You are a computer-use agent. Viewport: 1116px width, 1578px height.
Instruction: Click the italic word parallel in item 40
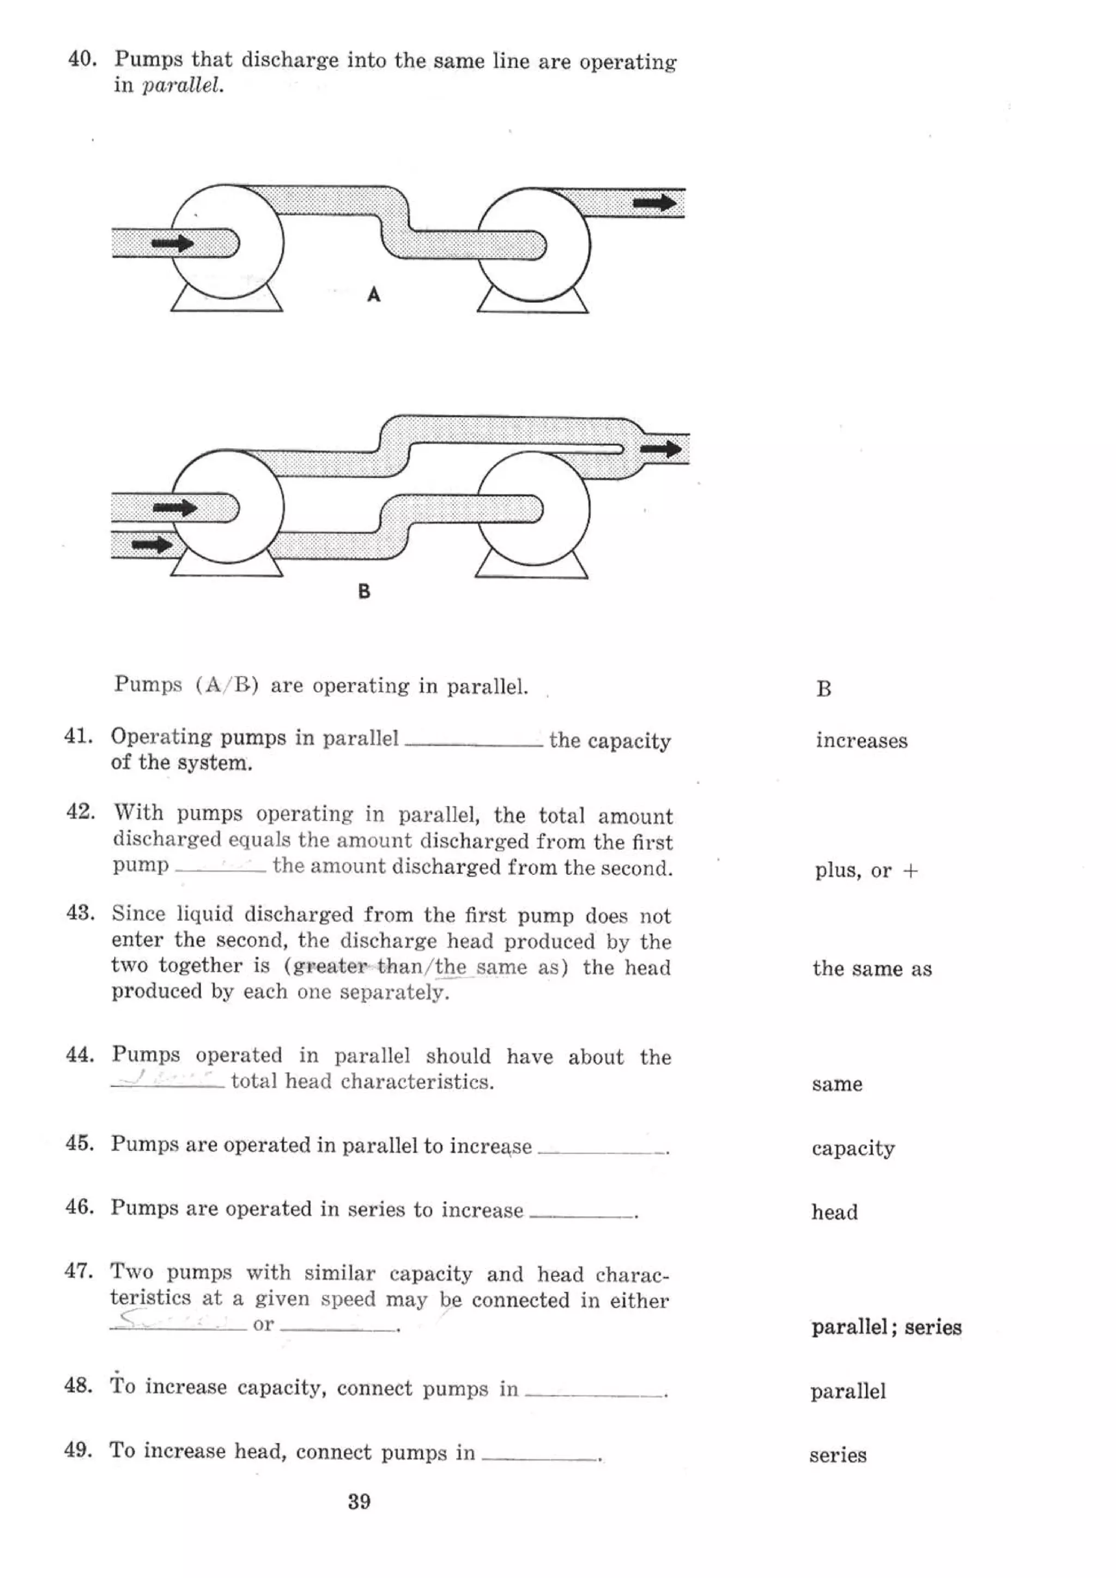click(x=182, y=87)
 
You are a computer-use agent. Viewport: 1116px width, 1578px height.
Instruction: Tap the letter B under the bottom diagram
click(x=364, y=591)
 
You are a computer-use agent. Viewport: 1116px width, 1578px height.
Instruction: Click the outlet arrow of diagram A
click(x=654, y=202)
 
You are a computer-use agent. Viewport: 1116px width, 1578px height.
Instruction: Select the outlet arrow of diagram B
click(x=660, y=449)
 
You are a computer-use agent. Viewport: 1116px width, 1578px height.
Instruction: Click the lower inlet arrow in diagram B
click(x=152, y=545)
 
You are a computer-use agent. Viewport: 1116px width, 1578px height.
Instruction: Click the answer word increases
click(x=861, y=740)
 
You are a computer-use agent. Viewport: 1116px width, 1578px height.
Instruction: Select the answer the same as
click(x=871, y=968)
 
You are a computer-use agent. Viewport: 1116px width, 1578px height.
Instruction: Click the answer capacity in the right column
click(x=853, y=1148)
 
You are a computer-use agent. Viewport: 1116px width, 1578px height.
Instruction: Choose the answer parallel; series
click(x=885, y=1326)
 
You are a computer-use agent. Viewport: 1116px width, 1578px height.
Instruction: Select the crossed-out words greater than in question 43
click(x=357, y=967)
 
